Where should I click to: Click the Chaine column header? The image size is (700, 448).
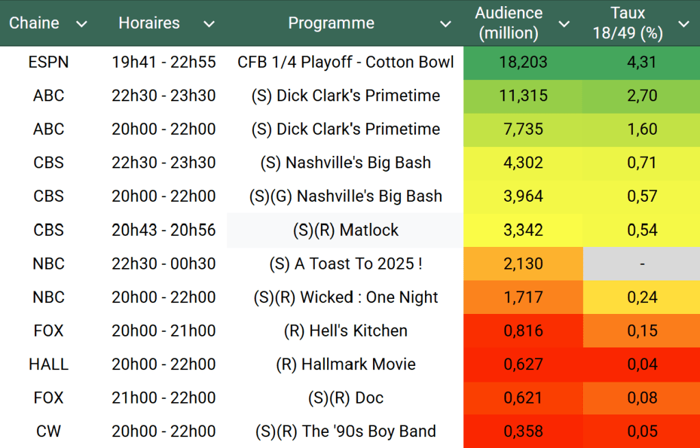pyautogui.click(x=34, y=23)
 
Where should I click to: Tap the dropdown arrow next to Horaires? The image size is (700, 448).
pyautogui.click(x=209, y=25)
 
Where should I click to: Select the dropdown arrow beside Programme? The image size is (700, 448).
pyautogui.click(x=445, y=25)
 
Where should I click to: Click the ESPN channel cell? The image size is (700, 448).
pyautogui.click(x=49, y=62)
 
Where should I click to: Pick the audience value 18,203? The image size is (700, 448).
pyautogui.click(x=523, y=62)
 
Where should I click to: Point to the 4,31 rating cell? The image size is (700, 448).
pyautogui.click(x=642, y=62)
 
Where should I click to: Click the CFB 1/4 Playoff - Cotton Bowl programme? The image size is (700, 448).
pyautogui.click(x=346, y=62)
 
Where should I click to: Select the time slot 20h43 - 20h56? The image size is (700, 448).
pyautogui.click(x=164, y=230)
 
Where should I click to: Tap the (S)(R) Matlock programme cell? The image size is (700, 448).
pyautogui.click(x=346, y=230)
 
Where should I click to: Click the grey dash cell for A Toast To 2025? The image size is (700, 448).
pyautogui.click(x=642, y=263)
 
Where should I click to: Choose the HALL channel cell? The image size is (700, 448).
pyautogui.click(x=49, y=364)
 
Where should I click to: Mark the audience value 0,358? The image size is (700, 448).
pyautogui.click(x=523, y=432)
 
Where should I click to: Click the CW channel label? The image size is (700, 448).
pyautogui.click(x=49, y=432)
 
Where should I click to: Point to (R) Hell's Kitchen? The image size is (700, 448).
pyautogui.click(x=346, y=330)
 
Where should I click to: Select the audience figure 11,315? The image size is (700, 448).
pyautogui.click(x=523, y=96)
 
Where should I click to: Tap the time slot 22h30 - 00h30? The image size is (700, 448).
pyautogui.click(x=164, y=263)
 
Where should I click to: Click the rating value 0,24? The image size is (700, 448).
pyautogui.click(x=642, y=297)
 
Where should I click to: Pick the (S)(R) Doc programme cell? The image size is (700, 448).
pyautogui.click(x=346, y=397)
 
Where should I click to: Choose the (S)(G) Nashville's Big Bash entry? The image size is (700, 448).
pyautogui.click(x=346, y=196)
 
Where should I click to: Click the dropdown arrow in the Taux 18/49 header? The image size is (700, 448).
pyautogui.click(x=684, y=25)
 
